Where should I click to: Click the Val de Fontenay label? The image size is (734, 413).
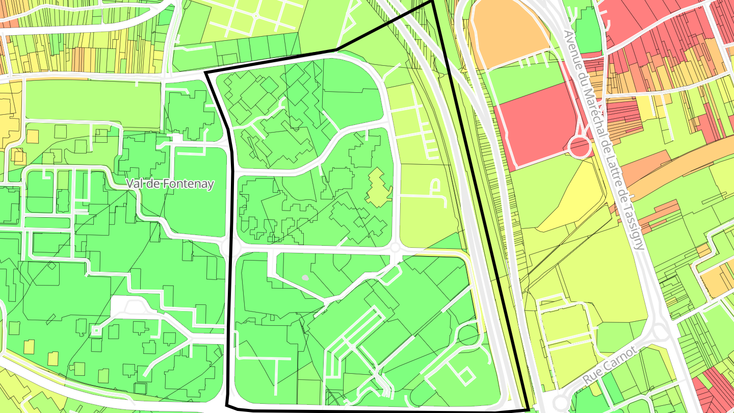point(170,184)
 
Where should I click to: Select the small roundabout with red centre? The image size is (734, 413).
point(580,147)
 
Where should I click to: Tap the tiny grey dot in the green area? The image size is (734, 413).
point(305,278)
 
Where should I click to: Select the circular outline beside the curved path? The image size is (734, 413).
point(468,335)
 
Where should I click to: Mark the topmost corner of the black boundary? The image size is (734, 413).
point(432,2)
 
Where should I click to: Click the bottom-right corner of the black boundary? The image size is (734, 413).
point(528,408)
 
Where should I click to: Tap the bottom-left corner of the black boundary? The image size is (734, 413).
point(227,406)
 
